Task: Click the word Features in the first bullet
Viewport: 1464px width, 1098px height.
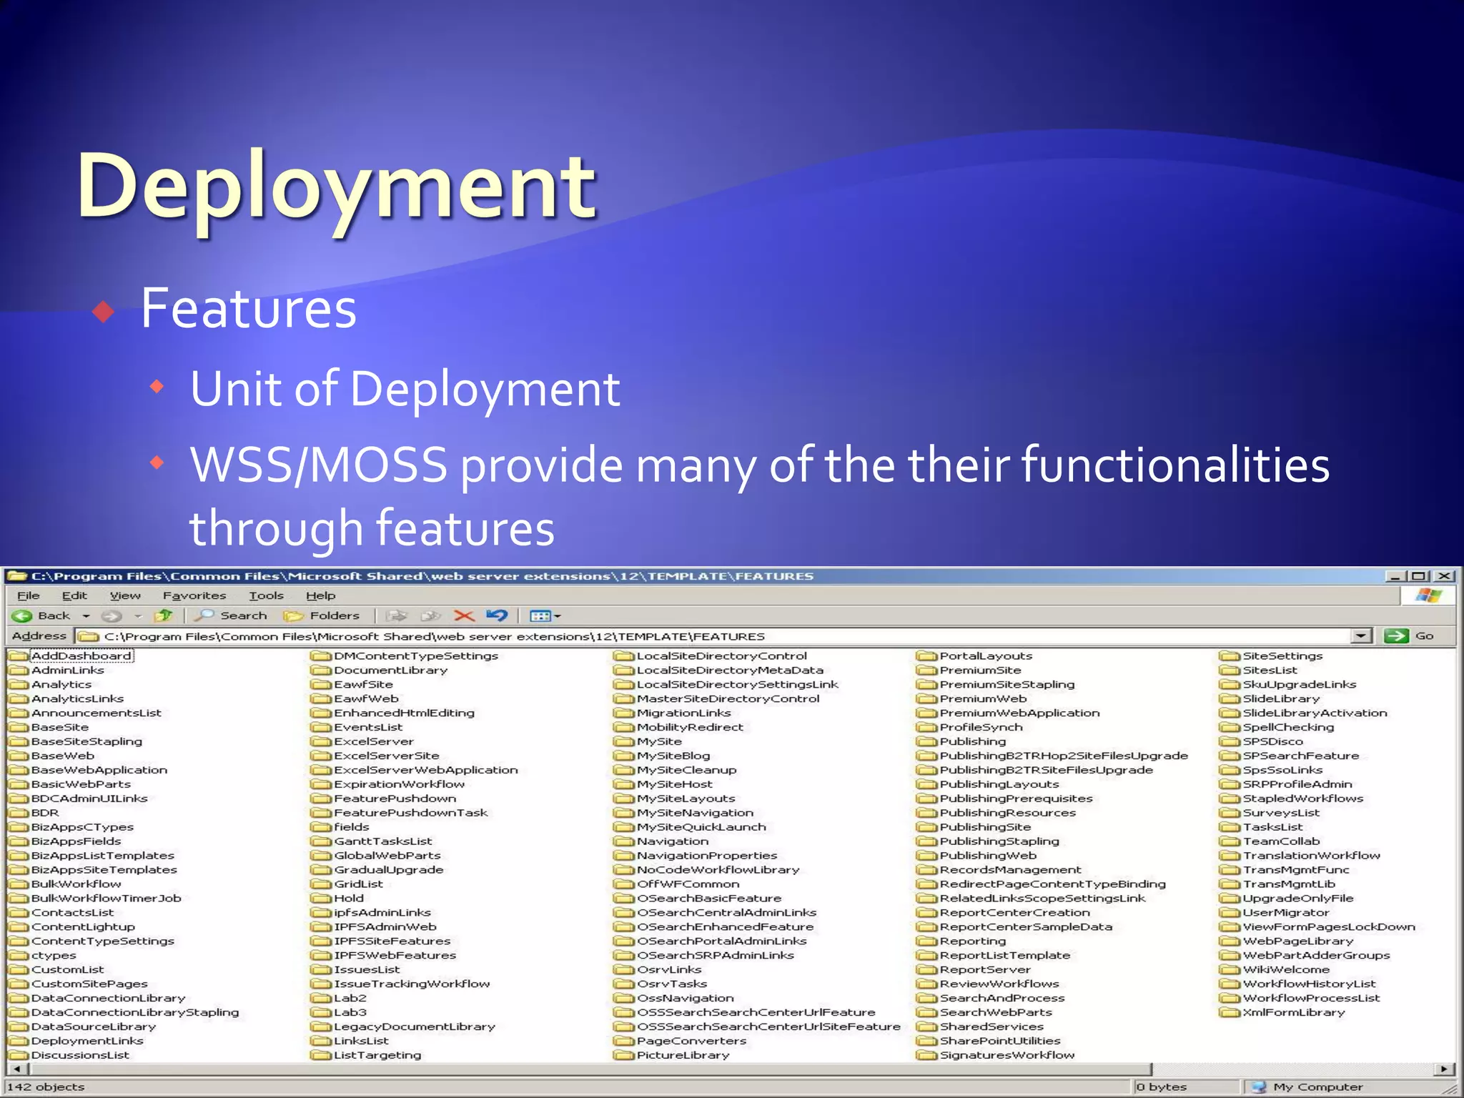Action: coord(248,309)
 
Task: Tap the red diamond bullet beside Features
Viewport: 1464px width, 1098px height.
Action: coord(104,312)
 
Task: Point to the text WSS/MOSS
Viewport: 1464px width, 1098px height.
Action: coord(318,465)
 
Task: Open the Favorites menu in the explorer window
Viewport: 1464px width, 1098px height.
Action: coord(194,595)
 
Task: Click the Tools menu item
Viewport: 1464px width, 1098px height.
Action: coord(266,595)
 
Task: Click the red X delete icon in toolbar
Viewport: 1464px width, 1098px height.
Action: coord(464,615)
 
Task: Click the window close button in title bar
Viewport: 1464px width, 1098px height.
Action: coord(1445,576)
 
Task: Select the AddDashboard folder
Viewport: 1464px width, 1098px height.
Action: coord(81,656)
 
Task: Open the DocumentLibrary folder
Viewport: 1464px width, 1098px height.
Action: coord(390,670)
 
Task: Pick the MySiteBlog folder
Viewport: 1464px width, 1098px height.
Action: coord(673,756)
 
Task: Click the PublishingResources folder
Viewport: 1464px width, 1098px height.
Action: coord(1006,813)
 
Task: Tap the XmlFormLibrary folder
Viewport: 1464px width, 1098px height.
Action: coord(1292,1012)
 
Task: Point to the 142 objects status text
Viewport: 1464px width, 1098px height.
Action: coord(46,1087)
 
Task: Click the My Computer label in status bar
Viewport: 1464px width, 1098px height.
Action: coord(1317,1087)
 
